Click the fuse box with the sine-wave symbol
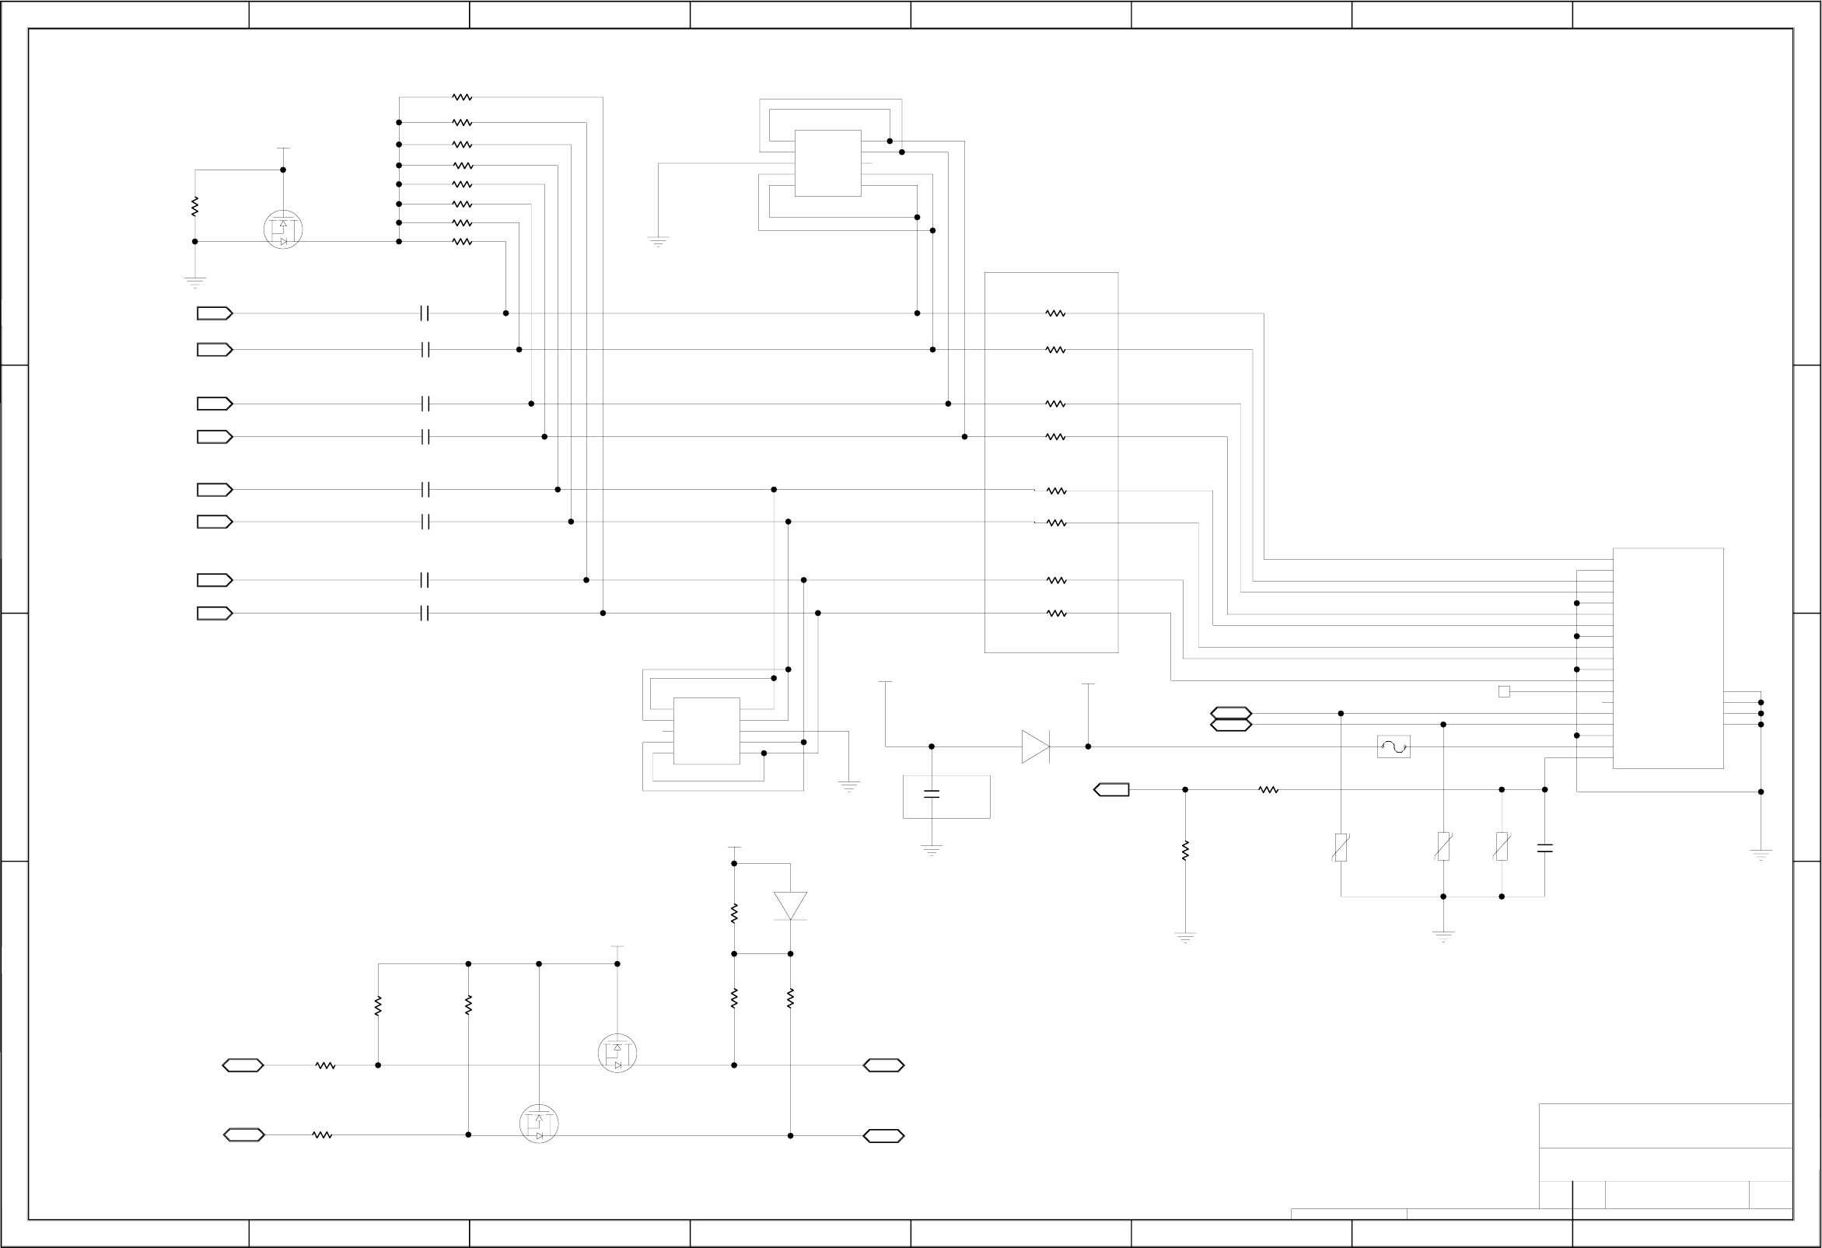1394,746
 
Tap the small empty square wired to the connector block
1504,691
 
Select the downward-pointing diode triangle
790,905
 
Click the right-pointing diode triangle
1035,746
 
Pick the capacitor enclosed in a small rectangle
932,794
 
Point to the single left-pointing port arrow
1112,789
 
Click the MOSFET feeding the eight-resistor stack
283,229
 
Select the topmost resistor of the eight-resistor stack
462,97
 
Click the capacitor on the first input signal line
425,313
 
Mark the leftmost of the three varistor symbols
1341,847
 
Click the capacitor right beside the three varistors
1544,848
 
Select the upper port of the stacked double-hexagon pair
1231,712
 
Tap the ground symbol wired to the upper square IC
658,241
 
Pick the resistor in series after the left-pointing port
1268,789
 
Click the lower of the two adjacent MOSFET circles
539,1124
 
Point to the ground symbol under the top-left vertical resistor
194,281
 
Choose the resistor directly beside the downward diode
734,914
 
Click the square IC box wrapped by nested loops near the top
828,163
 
